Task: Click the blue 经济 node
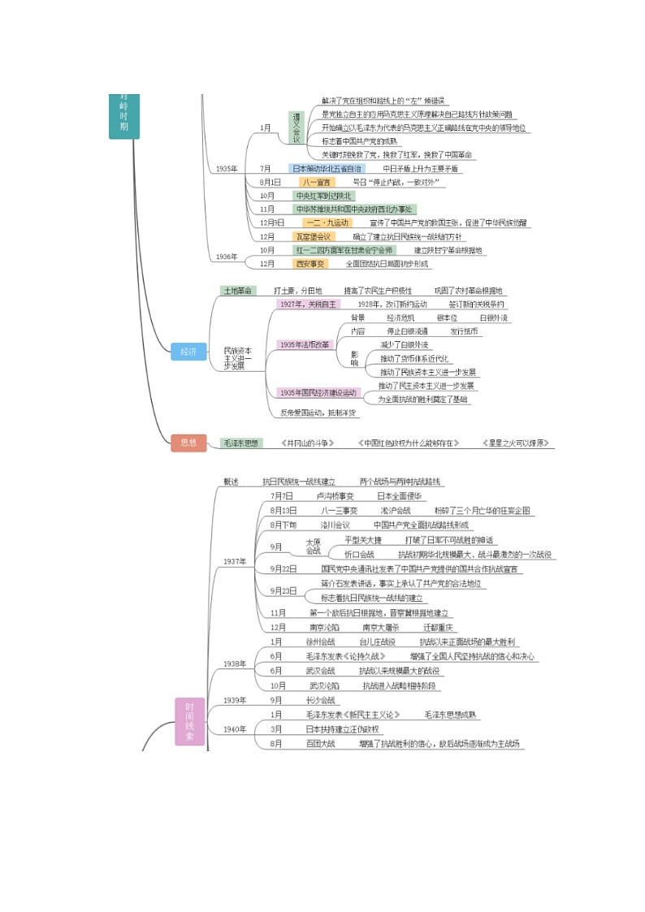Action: [x=188, y=352]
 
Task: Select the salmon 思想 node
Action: [x=188, y=443]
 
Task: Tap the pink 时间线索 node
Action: [x=189, y=721]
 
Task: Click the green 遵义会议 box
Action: [x=297, y=128]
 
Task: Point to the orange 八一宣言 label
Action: [x=316, y=182]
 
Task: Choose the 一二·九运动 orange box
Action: [x=327, y=223]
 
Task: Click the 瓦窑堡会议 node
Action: [x=313, y=236]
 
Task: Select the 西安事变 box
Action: [x=310, y=264]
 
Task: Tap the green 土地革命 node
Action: [x=237, y=291]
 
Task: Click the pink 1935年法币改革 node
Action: [x=305, y=344]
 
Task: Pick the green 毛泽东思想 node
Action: [x=241, y=443]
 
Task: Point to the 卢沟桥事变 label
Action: [x=335, y=496]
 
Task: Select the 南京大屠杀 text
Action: [x=382, y=628]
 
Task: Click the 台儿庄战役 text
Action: [x=377, y=642]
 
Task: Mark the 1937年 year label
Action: [x=236, y=562]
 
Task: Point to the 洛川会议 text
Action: [x=335, y=525]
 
